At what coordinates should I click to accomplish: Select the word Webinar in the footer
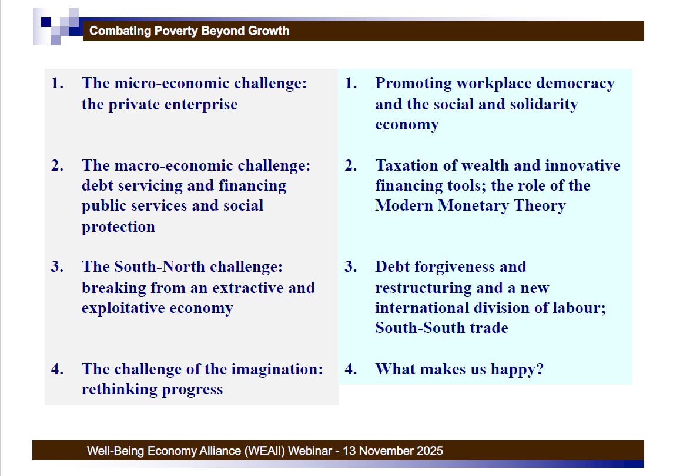coord(310,451)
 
